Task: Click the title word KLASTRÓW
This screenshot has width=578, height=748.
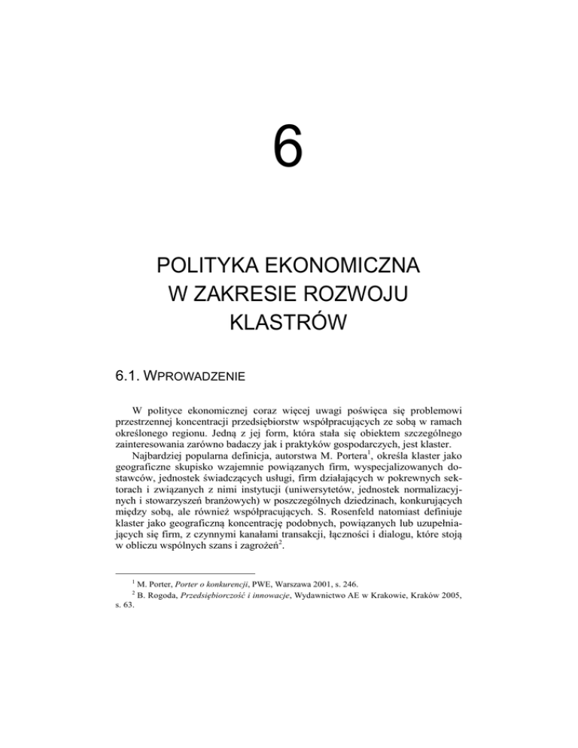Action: [289, 325]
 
